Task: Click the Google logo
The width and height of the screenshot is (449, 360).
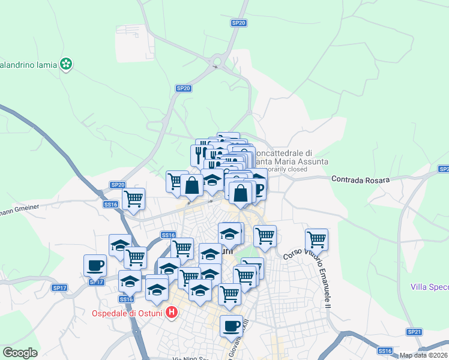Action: [x=20, y=353]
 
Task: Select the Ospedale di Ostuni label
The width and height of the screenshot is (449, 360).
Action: [x=128, y=313]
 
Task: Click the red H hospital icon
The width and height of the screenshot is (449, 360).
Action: [x=172, y=312]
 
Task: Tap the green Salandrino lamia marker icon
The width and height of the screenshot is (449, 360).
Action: [x=66, y=64]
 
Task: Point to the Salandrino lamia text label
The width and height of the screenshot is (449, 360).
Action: [x=28, y=64]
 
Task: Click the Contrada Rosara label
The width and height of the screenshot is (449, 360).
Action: [x=360, y=179]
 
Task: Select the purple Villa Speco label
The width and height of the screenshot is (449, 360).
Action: [x=430, y=287]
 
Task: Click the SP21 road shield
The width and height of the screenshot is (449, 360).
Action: [x=414, y=332]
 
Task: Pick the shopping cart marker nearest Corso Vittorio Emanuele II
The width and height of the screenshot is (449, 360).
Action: [x=316, y=239]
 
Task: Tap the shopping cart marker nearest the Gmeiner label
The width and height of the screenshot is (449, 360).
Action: [x=133, y=199]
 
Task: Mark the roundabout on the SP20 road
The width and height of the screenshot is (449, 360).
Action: [x=216, y=61]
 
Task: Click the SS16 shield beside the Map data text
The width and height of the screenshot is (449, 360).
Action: [x=385, y=350]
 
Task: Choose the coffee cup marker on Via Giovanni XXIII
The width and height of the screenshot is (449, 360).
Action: [x=231, y=326]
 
